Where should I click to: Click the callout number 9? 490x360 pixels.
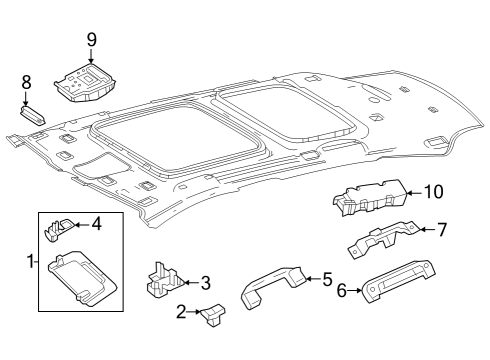point(92,40)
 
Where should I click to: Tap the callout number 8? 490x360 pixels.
point(26,82)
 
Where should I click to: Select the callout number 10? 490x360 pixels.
point(433,192)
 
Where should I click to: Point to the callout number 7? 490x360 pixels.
point(441,230)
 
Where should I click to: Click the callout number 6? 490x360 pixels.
point(342,290)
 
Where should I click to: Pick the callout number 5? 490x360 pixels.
point(328,279)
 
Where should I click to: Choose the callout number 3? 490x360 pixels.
point(206,283)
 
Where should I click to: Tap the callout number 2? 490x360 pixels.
point(181,312)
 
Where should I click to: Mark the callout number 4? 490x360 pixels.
point(96,224)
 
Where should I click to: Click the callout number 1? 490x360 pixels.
point(31,262)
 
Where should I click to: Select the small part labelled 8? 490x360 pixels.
point(32,115)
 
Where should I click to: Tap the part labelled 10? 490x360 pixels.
point(370,197)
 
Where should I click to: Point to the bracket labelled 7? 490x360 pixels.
point(383,238)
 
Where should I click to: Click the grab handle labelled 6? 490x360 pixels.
point(398,281)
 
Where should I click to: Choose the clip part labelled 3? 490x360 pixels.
point(164,280)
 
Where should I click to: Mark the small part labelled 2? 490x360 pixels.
point(212,314)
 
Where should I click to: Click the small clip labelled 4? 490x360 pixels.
point(59,229)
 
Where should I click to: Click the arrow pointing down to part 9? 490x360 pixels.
point(91,55)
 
